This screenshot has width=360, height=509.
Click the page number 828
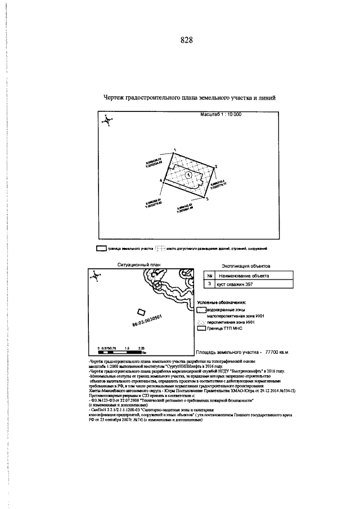(187, 40)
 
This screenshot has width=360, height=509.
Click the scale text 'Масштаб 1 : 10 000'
(220, 114)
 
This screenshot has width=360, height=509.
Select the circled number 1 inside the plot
(188, 175)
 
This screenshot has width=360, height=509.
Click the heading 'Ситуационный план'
(137, 263)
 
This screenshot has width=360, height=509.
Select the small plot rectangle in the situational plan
(142, 312)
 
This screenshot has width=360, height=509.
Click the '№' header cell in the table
(209, 276)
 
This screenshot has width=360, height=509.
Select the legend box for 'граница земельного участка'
(101, 248)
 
